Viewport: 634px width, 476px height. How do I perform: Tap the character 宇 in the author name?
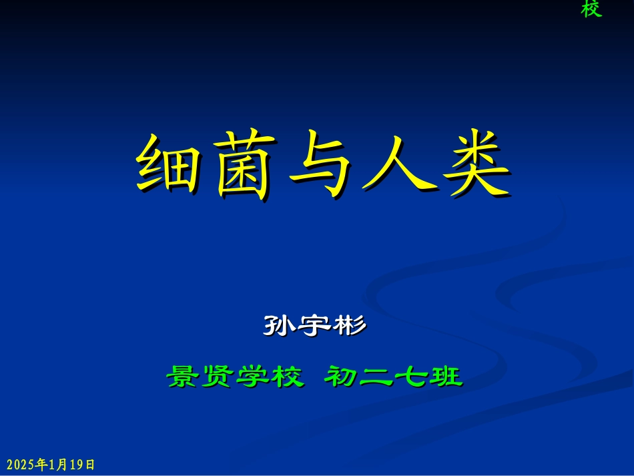315,326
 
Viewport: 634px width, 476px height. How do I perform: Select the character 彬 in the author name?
349,326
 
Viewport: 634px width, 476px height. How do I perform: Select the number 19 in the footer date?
77,464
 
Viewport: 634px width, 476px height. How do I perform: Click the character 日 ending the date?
90,464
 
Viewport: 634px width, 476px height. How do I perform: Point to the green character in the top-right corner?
591,9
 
